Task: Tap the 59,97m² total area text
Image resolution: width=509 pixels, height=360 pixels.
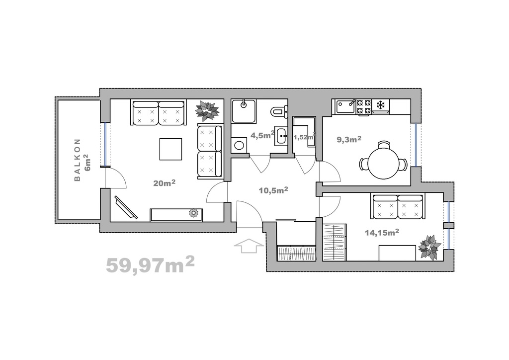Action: (150, 264)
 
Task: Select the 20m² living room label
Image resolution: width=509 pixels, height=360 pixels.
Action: (165, 183)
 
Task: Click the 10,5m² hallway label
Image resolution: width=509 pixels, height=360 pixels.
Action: (273, 190)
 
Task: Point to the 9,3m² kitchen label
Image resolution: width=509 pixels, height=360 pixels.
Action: (349, 140)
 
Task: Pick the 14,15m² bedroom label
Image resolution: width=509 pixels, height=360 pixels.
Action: (382, 232)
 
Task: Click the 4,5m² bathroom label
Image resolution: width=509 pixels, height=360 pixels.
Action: (263, 135)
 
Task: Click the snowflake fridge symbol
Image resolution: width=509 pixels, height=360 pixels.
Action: (380, 105)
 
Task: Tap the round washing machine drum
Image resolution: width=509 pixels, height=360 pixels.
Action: (239, 145)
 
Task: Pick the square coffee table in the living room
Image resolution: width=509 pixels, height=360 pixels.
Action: (170, 149)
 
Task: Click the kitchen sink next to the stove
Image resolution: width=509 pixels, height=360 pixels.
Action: (346, 106)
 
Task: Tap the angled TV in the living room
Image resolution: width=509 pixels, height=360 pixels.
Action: (125, 207)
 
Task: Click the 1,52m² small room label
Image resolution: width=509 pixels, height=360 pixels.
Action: (304, 137)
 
